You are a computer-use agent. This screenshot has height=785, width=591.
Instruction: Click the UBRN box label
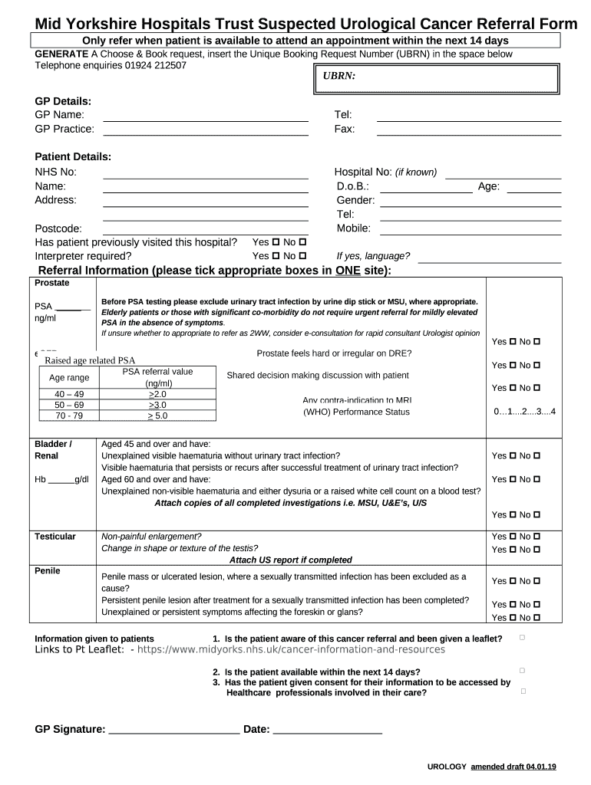click(x=338, y=77)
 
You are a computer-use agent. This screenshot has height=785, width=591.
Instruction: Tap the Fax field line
click(x=468, y=133)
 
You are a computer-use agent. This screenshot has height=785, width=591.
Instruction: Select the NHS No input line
click(x=206, y=176)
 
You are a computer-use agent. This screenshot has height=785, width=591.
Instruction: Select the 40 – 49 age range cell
click(x=69, y=394)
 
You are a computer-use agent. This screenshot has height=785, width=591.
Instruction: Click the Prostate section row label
click(x=52, y=283)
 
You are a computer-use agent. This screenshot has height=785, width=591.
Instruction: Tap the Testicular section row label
click(x=55, y=537)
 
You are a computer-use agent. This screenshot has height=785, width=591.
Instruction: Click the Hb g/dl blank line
click(x=61, y=483)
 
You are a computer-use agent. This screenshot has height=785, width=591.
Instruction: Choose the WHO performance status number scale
click(x=525, y=412)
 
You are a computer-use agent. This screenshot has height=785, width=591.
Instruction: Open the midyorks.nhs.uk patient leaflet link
click(x=291, y=649)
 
